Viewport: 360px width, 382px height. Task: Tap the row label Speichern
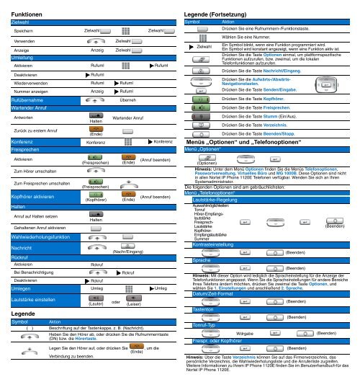[24, 32]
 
